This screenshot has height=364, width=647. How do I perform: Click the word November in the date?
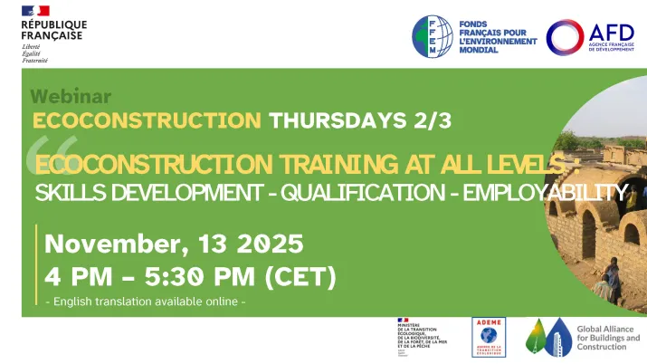point(109,244)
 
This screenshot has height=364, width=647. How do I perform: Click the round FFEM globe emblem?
point(433,37)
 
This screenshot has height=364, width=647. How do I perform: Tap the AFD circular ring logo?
point(565,37)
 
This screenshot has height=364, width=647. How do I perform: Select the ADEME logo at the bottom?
point(490,337)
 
